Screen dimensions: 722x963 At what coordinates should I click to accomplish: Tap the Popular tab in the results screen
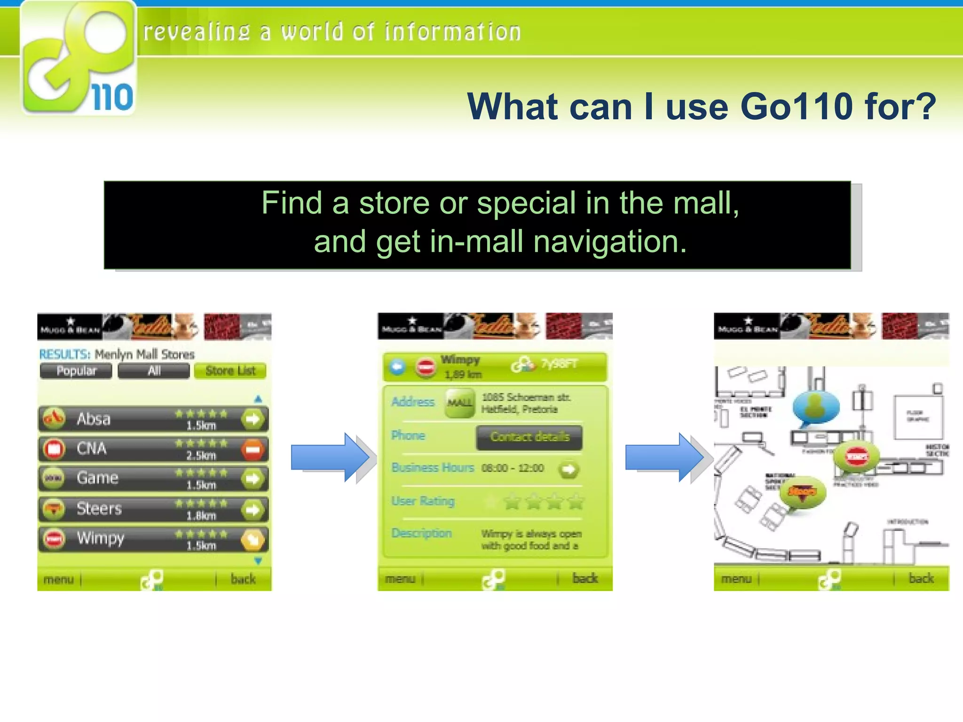click(76, 371)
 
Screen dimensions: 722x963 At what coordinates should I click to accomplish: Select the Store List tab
click(230, 371)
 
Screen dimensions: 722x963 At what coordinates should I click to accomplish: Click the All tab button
click(154, 371)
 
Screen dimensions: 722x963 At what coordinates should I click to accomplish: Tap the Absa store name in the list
click(94, 419)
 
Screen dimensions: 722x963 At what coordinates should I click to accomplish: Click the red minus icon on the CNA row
click(253, 449)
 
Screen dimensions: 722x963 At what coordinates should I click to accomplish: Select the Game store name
click(97, 478)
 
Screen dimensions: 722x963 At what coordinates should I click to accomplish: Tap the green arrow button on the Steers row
click(253, 510)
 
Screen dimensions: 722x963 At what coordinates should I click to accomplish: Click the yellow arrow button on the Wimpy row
click(253, 540)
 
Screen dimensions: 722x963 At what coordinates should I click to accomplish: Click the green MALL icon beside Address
click(459, 403)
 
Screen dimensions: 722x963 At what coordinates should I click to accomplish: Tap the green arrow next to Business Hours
click(568, 469)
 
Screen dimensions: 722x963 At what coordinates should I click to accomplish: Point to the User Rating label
click(423, 501)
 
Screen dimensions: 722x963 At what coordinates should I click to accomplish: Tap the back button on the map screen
click(921, 579)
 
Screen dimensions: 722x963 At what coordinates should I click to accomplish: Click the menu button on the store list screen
click(59, 579)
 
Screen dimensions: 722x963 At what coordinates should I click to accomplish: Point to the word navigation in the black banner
click(610, 242)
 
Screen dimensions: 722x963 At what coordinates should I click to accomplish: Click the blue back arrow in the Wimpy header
click(398, 367)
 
